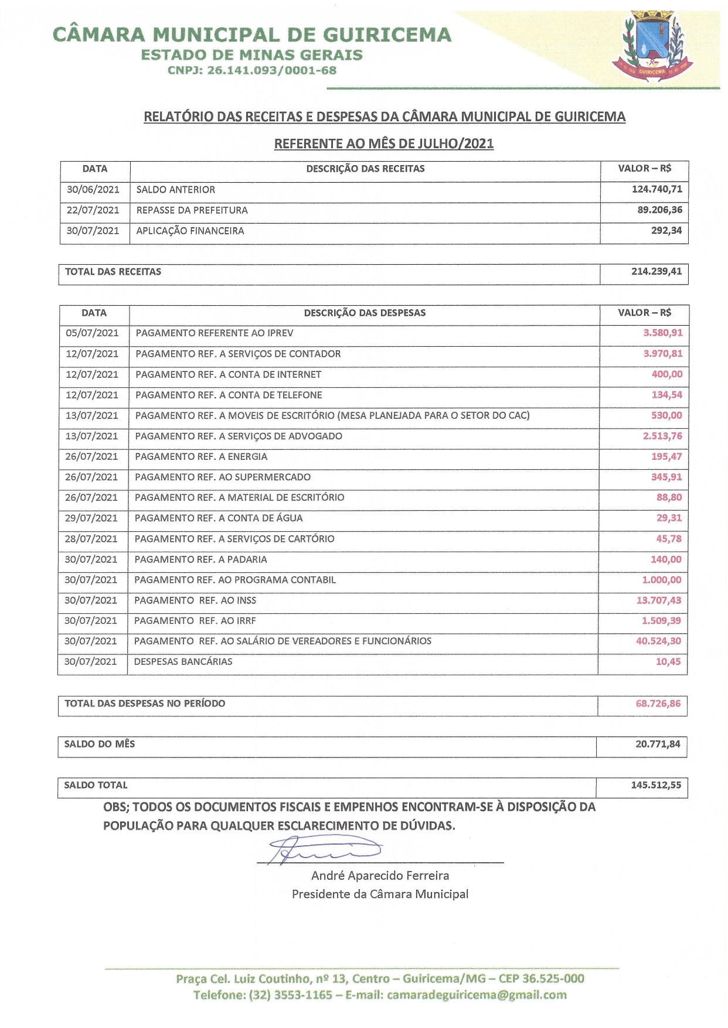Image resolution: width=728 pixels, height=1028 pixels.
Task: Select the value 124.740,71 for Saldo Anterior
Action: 656,189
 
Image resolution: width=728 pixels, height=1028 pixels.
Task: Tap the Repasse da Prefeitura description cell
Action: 192,210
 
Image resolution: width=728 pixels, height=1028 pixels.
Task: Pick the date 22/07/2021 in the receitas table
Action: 93,210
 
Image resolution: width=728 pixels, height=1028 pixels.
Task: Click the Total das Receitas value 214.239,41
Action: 656,271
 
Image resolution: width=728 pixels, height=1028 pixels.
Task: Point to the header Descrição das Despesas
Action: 365,313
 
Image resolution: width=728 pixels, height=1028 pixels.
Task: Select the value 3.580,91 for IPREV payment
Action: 662,333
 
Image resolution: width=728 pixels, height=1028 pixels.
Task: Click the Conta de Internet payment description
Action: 228,374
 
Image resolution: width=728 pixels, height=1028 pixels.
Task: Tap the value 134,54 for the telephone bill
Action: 666,395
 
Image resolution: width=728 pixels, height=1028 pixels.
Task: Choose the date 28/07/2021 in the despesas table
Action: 91,539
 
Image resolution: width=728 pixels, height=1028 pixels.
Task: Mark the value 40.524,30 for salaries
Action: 658,641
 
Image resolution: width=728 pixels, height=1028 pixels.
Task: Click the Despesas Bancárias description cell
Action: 183,661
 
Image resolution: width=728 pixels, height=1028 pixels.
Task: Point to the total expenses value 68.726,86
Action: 658,703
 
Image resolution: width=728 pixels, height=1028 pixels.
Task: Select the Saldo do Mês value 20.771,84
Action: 658,744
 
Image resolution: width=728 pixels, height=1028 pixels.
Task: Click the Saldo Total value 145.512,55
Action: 656,785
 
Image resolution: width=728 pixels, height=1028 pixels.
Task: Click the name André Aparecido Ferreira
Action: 380,876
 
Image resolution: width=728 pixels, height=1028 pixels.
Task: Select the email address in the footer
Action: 477,995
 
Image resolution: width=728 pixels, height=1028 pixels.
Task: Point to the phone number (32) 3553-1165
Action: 291,995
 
